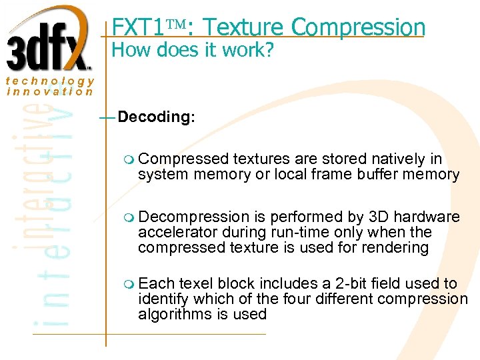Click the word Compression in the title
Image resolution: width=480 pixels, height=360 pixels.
click(x=358, y=27)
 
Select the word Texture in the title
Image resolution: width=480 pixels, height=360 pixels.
click(x=244, y=27)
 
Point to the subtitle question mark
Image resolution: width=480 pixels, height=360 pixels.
click(x=268, y=51)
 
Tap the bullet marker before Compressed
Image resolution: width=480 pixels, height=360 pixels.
click(x=129, y=159)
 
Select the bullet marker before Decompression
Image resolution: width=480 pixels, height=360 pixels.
click(x=129, y=217)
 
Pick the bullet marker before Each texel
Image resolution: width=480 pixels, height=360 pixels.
click(x=129, y=284)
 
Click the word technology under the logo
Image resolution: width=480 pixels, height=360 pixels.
click(x=50, y=81)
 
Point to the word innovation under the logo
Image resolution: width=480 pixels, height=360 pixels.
click(x=50, y=91)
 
